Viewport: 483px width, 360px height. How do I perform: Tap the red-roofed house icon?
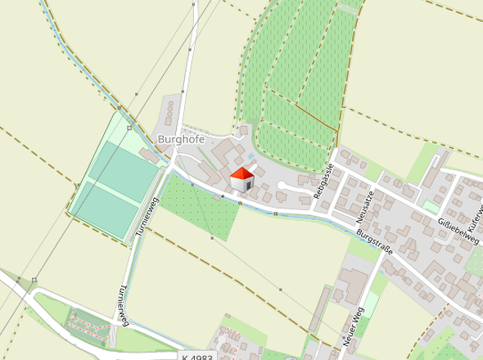point(242,180)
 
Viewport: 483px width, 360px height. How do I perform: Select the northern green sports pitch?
point(125,167)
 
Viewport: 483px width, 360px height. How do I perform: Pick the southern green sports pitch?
point(107,207)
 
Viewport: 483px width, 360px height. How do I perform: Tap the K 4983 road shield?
point(197,357)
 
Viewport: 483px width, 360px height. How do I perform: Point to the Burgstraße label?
point(374,242)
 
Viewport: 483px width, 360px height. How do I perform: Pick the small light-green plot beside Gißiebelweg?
point(431,207)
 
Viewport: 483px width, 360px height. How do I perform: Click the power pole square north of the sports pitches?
point(129,128)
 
